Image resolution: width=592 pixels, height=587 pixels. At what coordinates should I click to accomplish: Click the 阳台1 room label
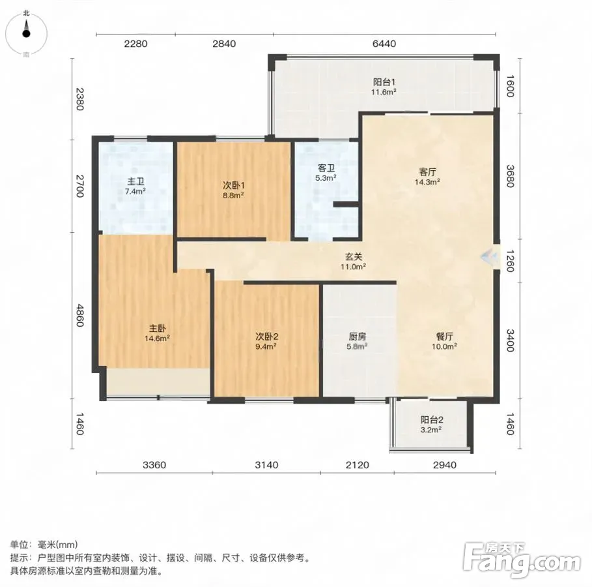[x=384, y=82]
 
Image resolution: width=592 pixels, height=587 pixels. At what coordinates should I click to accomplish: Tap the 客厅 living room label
[x=427, y=172]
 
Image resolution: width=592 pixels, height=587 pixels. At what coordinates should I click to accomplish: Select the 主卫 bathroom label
[x=135, y=182]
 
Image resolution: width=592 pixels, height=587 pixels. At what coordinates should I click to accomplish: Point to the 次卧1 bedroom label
[x=233, y=186]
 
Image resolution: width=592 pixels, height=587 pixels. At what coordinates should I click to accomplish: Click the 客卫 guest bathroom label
[x=326, y=168]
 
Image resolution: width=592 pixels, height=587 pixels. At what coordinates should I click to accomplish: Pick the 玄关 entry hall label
[x=354, y=257]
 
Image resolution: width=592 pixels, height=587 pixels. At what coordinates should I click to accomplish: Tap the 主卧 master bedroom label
[x=157, y=328]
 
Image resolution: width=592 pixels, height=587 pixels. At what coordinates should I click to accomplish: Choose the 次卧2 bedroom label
[x=266, y=337]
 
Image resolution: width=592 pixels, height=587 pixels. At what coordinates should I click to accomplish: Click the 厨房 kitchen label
[x=357, y=337]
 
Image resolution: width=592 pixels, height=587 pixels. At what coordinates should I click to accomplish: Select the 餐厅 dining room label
[x=444, y=337]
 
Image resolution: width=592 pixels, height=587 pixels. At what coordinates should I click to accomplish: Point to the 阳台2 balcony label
[x=432, y=420]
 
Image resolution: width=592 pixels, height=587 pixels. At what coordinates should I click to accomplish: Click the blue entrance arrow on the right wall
[x=489, y=257]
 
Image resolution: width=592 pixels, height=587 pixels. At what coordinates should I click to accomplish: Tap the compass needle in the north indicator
[x=26, y=29]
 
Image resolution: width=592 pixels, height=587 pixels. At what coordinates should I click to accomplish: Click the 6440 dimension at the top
[x=384, y=44]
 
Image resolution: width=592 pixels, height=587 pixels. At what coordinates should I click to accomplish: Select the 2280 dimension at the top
[x=135, y=44]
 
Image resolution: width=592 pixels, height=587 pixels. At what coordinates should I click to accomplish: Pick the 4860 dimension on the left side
[x=79, y=316]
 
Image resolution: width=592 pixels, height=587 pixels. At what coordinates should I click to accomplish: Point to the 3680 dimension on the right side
[x=510, y=176]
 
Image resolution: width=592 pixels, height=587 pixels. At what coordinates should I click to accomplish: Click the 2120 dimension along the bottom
[x=357, y=465]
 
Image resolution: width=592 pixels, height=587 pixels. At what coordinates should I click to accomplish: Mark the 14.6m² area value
[x=157, y=339]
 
